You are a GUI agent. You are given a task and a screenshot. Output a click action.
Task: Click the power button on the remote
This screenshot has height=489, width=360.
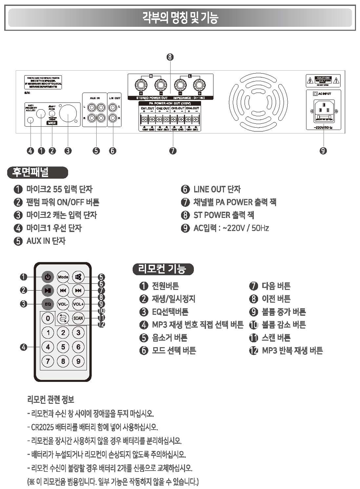tap(48, 277)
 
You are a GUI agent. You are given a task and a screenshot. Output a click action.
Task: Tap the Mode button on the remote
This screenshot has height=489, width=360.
tap(63, 277)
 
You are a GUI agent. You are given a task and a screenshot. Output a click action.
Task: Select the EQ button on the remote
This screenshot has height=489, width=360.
tap(48, 304)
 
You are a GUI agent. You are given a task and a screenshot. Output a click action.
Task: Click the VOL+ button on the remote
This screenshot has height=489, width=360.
tap(78, 304)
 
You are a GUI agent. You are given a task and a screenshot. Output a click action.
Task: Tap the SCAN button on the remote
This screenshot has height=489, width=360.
tap(78, 318)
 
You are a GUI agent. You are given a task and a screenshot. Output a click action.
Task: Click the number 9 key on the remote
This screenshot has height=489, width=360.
tap(78, 361)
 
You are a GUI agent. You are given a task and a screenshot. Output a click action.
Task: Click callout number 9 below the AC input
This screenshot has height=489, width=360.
tap(323, 151)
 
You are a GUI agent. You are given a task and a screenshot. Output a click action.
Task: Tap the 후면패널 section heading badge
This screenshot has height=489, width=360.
tap(37, 172)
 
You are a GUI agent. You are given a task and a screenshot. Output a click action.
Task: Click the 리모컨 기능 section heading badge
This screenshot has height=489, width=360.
tap(162, 269)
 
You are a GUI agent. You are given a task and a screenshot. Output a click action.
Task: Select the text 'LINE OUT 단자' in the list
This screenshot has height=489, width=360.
tap(216, 189)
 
